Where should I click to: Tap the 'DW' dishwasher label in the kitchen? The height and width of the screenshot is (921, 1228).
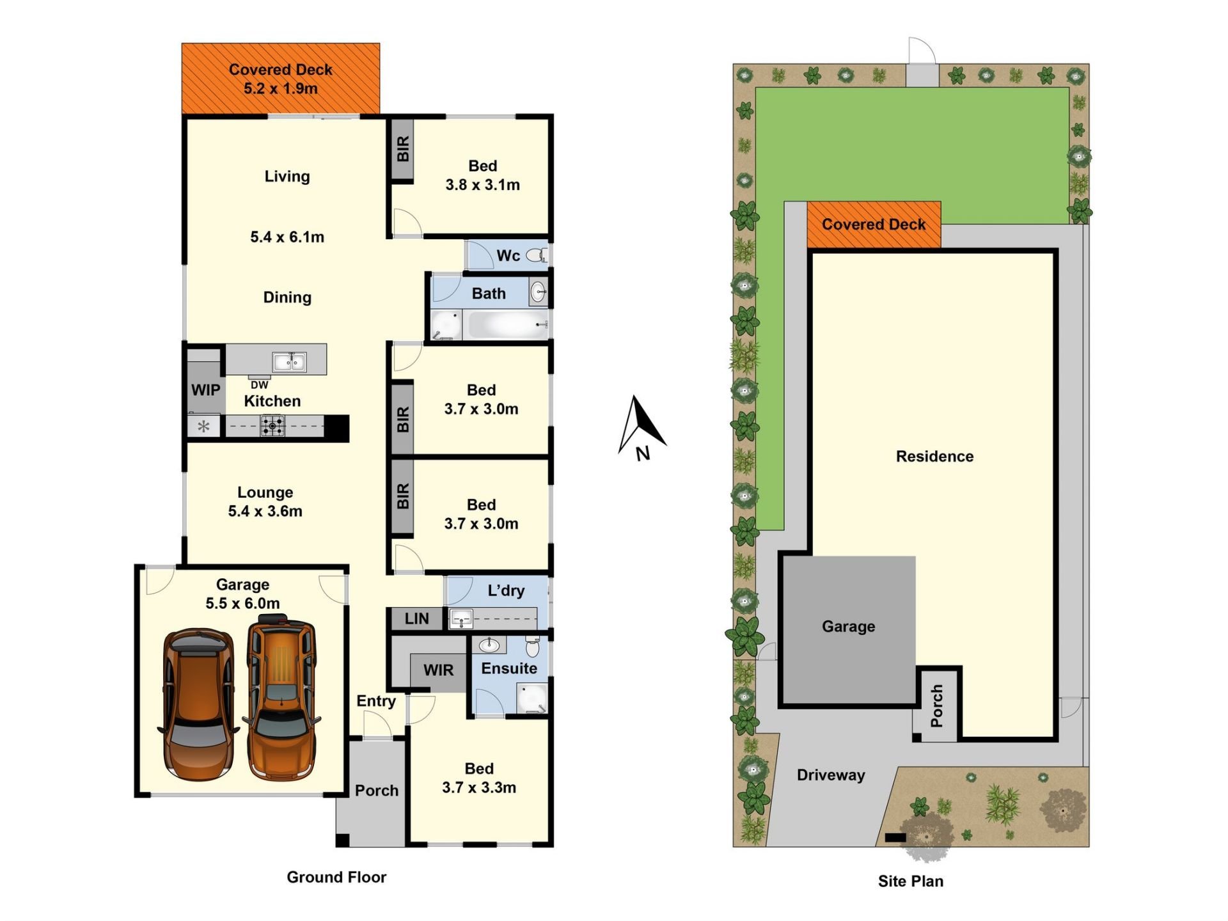click(x=260, y=385)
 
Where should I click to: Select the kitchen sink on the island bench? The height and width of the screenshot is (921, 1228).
click(x=289, y=362)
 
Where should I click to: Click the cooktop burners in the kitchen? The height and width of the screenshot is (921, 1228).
click(x=272, y=426)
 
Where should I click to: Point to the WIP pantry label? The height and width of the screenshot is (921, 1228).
click(x=205, y=390)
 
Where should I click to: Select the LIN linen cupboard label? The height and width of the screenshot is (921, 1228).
click(x=416, y=618)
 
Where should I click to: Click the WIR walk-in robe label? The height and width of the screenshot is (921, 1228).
click(x=438, y=670)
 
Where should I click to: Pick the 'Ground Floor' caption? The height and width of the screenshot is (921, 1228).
click(x=336, y=877)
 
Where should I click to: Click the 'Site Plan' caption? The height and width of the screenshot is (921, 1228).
click(x=911, y=881)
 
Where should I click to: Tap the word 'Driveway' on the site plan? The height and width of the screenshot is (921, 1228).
click(x=831, y=775)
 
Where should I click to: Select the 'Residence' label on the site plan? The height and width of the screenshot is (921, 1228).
click(x=934, y=457)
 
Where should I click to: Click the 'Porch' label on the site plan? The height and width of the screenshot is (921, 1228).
click(x=937, y=706)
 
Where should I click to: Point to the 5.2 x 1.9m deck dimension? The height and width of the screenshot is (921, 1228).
click(x=281, y=89)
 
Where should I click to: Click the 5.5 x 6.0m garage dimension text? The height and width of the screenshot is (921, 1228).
click(x=242, y=603)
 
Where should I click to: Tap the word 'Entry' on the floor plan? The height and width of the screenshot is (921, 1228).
click(x=376, y=701)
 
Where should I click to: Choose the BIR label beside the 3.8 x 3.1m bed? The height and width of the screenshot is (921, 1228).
click(x=403, y=149)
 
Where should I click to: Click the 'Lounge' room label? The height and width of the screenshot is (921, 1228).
click(x=265, y=492)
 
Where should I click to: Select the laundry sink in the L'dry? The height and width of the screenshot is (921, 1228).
click(x=460, y=618)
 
